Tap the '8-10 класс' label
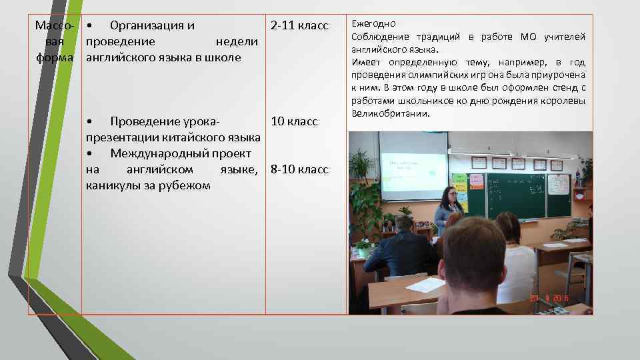pyautogui.click(x=299, y=170)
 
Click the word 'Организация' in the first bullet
pyautogui.click(x=152, y=26)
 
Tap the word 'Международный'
pyautogui.click(x=160, y=154)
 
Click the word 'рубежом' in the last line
pyautogui.click(x=185, y=185)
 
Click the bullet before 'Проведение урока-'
pyautogui.click(x=90, y=122)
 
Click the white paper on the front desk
pyautogui.click(x=425, y=285)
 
